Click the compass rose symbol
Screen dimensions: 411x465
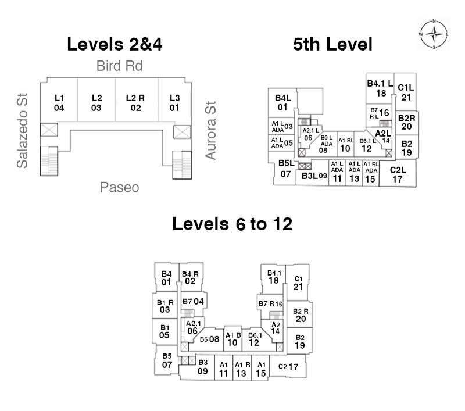pos(434,34)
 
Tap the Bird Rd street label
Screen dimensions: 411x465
pos(119,66)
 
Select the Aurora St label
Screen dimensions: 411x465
pos(210,130)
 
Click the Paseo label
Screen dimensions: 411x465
pos(119,187)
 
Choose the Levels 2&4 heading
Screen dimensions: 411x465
pos(115,44)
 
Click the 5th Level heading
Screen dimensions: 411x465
pos(332,44)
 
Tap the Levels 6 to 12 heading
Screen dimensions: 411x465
pos(232,224)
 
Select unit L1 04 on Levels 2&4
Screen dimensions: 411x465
pos(59,102)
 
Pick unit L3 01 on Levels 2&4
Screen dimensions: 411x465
pos(174,102)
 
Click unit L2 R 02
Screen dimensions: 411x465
pos(135,102)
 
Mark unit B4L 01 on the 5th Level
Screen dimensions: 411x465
pos(282,102)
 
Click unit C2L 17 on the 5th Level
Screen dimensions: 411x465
pos(398,174)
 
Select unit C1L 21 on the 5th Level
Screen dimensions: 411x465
pos(406,92)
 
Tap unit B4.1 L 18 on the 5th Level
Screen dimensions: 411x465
pos(380,88)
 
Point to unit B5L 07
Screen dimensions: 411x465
pos(285,169)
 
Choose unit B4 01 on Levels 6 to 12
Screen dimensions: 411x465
pos(166,278)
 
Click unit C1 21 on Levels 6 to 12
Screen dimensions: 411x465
pos(298,283)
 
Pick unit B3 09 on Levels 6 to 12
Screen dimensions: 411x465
pos(202,367)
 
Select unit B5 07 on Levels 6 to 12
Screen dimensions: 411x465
pos(167,360)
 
